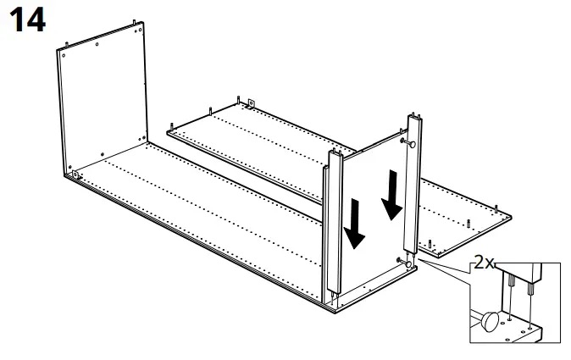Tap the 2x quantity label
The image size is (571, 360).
coord(483,263)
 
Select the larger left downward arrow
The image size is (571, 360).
coord(357,222)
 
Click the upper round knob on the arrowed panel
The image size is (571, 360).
coord(411,144)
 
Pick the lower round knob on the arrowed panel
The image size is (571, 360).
coord(410,264)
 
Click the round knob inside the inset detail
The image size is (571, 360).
coord(491,322)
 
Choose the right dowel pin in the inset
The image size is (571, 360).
coord(529,286)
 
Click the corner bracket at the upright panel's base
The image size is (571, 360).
coord(75,175)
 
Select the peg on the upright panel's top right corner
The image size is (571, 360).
coord(136,19)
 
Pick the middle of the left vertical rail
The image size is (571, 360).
coord(332,229)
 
